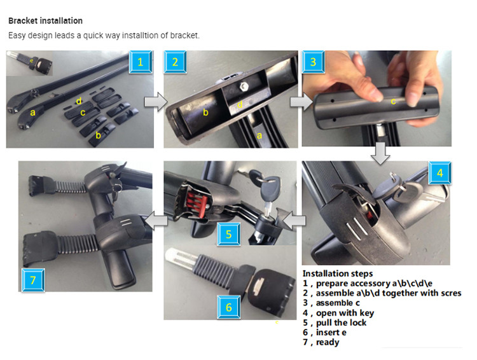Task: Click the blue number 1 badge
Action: (x=141, y=62)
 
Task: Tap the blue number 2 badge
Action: (x=175, y=62)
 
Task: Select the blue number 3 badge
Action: (x=313, y=62)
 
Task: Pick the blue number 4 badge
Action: (x=440, y=173)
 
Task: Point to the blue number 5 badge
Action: (x=229, y=234)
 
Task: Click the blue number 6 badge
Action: (x=229, y=307)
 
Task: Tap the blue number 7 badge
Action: (x=33, y=280)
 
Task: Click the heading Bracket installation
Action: (x=45, y=21)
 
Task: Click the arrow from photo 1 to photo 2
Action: (x=155, y=102)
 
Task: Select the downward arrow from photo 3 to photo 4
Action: (x=380, y=153)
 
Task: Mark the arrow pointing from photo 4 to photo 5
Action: (x=294, y=220)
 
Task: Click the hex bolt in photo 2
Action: (x=244, y=87)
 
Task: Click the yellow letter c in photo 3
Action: (x=393, y=101)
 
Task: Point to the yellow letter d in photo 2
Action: (x=240, y=104)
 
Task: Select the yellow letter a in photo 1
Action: (x=32, y=113)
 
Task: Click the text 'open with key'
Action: (x=345, y=313)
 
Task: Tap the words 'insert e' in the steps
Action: (x=331, y=332)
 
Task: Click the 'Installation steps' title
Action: (x=338, y=273)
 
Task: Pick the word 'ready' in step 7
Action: (x=328, y=342)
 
